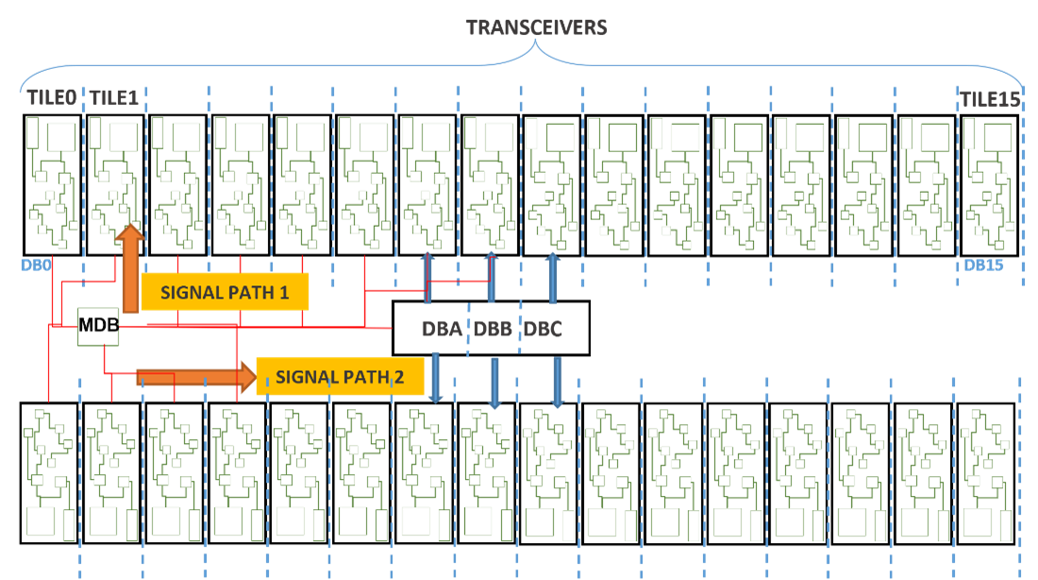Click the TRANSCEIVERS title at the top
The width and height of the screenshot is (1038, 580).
[x=537, y=27]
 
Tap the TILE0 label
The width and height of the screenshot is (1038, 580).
[x=51, y=98]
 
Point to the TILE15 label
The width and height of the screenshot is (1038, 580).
[x=990, y=99]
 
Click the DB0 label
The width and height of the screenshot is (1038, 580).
[x=34, y=265]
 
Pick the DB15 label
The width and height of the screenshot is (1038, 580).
[x=982, y=265]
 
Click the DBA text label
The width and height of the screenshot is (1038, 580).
[x=442, y=330]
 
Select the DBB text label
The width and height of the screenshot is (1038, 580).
[x=493, y=330]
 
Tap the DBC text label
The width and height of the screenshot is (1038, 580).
[x=543, y=330]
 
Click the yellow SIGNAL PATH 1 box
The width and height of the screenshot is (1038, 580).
[x=225, y=292]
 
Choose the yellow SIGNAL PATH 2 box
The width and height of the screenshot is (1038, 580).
[x=340, y=377]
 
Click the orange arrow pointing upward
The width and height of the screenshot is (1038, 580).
[x=130, y=269]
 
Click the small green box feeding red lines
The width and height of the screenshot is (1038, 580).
[x=97, y=326]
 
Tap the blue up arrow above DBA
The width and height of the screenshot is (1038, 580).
[x=427, y=277]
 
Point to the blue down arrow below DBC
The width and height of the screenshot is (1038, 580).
[x=558, y=382]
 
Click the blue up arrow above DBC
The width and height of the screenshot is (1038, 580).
[x=552, y=277]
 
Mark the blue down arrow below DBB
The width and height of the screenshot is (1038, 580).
[x=494, y=383]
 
